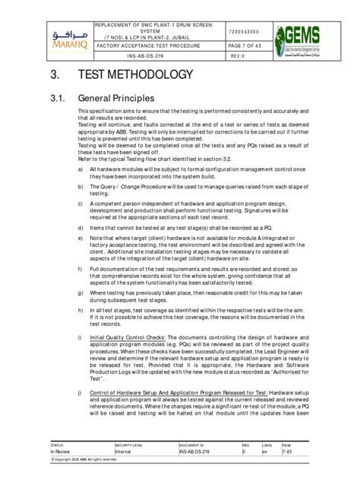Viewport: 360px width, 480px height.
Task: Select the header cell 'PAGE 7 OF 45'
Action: [x=242, y=45]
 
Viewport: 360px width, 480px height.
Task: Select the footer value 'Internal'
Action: [x=125, y=451]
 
